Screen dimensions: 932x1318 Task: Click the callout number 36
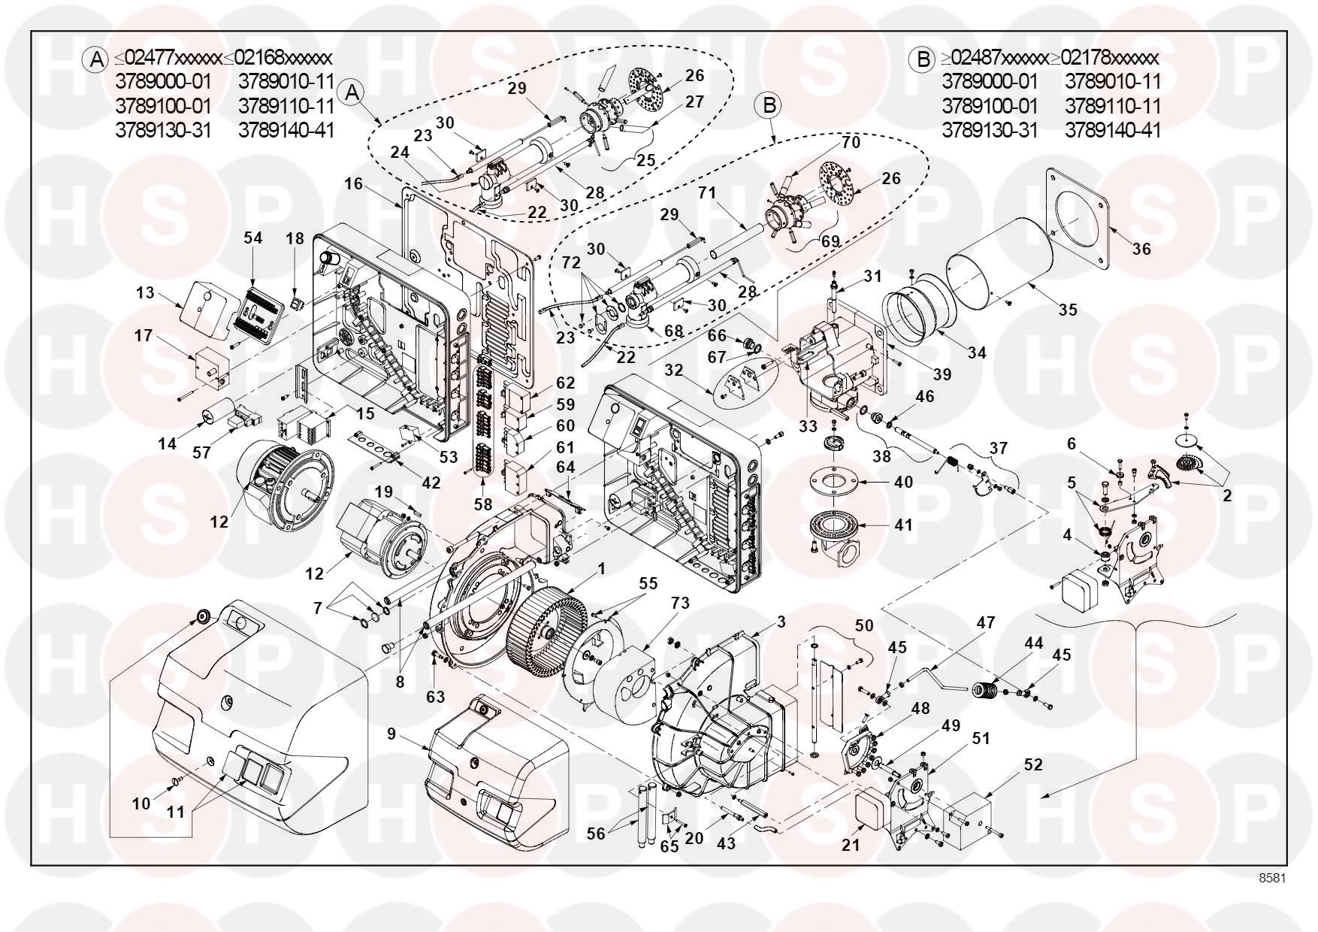point(1141,249)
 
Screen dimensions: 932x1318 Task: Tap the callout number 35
point(1067,309)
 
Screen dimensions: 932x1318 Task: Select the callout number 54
point(253,238)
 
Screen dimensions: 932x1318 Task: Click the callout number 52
point(1033,764)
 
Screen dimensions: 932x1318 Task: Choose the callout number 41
point(903,524)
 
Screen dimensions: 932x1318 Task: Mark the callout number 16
point(354,183)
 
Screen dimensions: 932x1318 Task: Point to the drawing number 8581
point(1273,877)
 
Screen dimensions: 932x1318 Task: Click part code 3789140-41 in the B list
point(1113,130)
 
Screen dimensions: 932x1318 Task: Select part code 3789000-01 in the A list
point(163,81)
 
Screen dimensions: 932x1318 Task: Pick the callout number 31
point(872,277)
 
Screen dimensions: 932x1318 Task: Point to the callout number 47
point(985,623)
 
